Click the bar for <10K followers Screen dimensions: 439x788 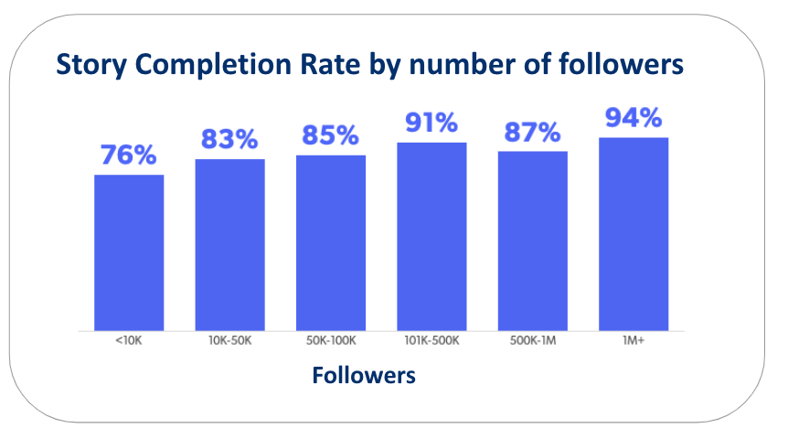pos(129,252)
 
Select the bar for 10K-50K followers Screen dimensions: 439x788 pos(229,244)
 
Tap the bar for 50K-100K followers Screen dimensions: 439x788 pos(331,242)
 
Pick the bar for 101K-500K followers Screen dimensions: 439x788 pos(431,236)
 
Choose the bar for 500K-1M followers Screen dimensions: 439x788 pos(532,241)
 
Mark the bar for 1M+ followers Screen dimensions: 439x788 pos(634,233)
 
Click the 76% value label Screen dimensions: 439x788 pos(129,155)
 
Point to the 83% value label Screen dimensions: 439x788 pos(229,140)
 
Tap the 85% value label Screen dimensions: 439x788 pos(331,136)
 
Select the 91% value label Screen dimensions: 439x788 pos(431,123)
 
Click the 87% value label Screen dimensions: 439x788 pos(532,133)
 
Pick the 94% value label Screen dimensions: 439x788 pos(634,118)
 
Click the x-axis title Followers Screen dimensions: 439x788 pos(364,375)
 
